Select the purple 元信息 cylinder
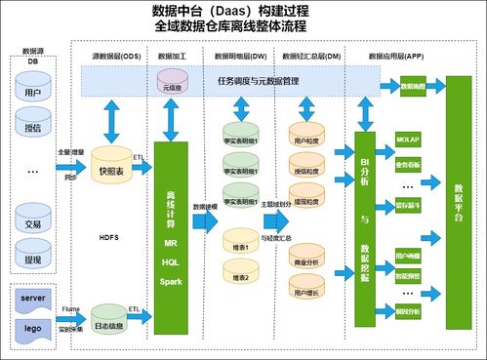(173, 78)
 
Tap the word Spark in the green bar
(172, 279)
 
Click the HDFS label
(109, 236)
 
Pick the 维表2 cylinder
(240, 278)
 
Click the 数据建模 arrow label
(204, 207)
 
